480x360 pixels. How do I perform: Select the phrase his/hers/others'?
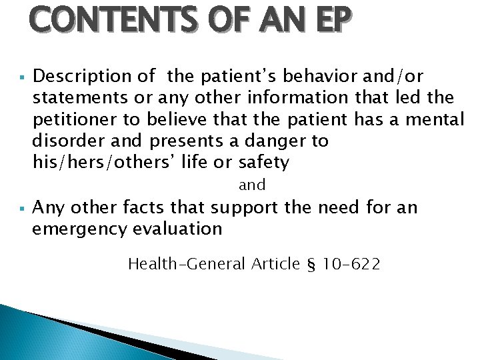(91, 163)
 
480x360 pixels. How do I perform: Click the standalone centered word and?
(252, 185)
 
